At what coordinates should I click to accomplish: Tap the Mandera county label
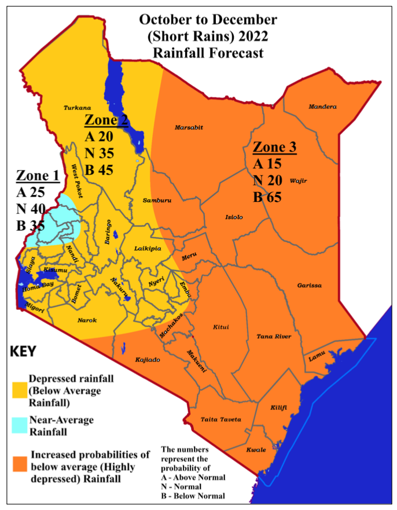pos(322,106)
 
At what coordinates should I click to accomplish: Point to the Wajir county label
pos(298,180)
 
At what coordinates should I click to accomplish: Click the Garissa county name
pos(309,286)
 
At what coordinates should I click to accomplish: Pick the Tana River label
pos(274,337)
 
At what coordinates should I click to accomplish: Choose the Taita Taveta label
pos(220,419)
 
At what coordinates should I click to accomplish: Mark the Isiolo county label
pos(234,217)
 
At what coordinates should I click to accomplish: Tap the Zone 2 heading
pos(106,120)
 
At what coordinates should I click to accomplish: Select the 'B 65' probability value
pos(267,197)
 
